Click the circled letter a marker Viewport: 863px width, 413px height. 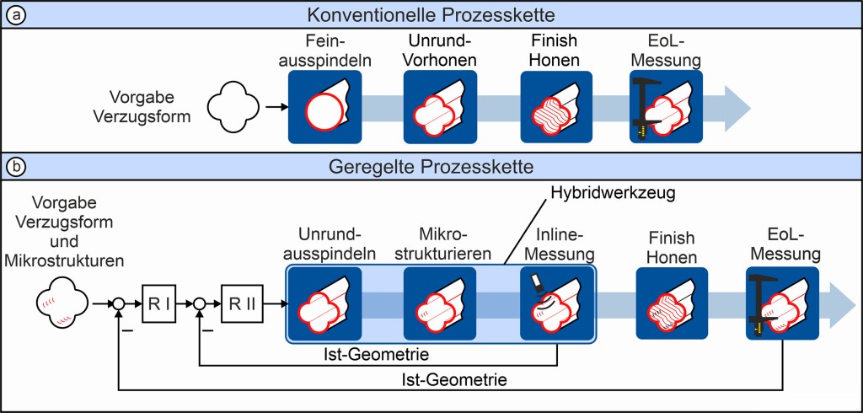pos(13,14)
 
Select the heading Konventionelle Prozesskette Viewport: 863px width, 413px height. pos(431,14)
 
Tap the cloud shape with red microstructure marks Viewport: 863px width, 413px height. pos(63,302)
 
